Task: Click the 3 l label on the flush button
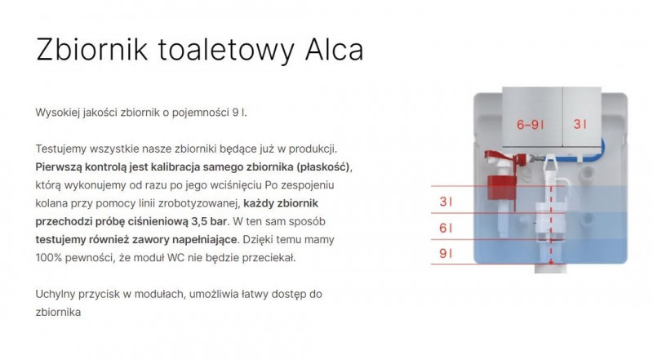pos(580,125)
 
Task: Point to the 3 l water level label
pos(445,201)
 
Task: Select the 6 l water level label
pos(445,229)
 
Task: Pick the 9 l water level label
pos(445,254)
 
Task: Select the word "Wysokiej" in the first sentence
pos(60,112)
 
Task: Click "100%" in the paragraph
pos(52,258)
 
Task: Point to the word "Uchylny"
pos(58,294)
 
